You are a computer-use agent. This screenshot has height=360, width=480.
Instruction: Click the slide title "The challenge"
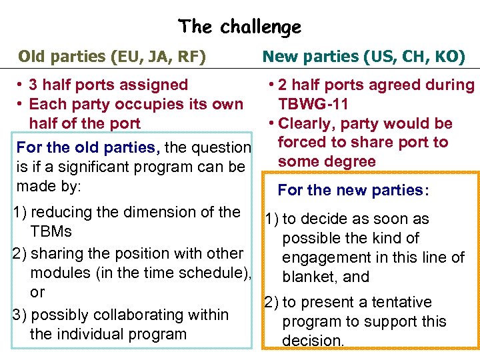pos(239,27)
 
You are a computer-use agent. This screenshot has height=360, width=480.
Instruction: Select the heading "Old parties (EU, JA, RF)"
pos(111,56)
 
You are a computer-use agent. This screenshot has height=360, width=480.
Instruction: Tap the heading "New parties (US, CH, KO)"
pos(363,56)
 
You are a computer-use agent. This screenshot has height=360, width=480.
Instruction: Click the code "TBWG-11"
pos(313,104)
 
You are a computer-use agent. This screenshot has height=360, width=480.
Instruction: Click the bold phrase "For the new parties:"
pos(353,190)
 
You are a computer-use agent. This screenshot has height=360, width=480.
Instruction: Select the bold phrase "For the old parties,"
pos(87,147)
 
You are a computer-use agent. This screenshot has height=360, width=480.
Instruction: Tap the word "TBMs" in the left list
pos(51,232)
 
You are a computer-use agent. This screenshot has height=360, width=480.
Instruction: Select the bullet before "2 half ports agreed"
pos(270,85)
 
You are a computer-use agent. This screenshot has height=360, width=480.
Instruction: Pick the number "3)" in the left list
pos(19,315)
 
